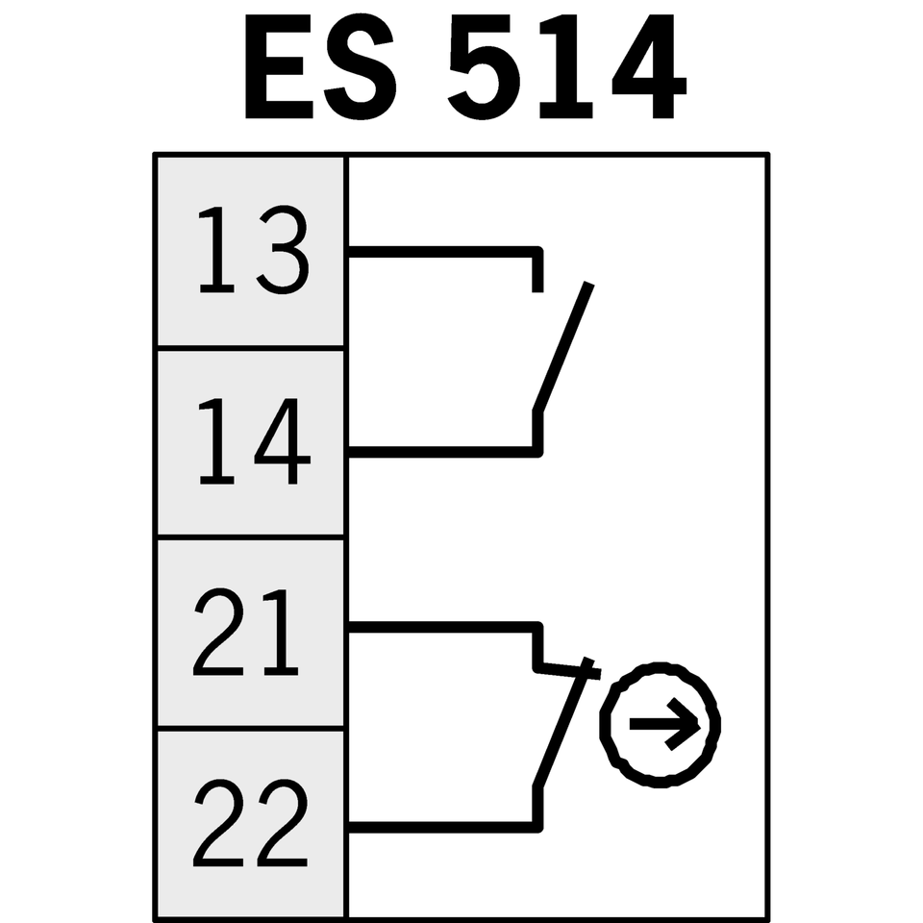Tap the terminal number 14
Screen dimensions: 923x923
[252, 443]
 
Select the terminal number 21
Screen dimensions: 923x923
[248, 633]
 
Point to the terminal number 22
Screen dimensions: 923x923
[250, 823]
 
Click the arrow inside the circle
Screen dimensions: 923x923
[663, 725]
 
